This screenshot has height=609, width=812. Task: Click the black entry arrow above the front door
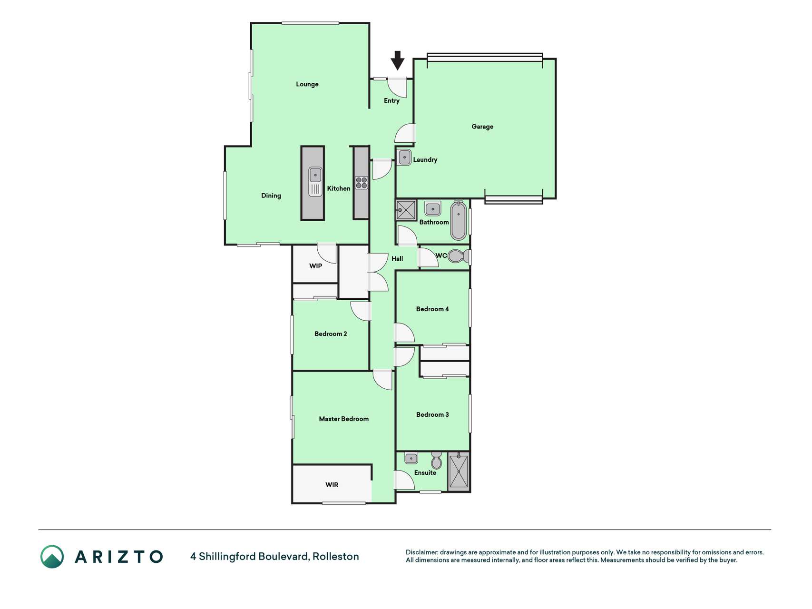(x=397, y=60)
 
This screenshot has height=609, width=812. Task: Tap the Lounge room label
(x=307, y=84)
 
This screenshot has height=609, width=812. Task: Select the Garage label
(x=482, y=127)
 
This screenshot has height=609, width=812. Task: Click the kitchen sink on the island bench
(x=315, y=181)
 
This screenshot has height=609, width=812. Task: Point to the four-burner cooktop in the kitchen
(x=362, y=183)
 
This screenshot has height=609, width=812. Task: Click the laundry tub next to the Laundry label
(x=405, y=157)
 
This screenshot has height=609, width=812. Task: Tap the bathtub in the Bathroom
(x=458, y=220)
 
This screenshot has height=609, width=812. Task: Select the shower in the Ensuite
(x=459, y=471)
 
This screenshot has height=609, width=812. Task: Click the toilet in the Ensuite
(x=436, y=461)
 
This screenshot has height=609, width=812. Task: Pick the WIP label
(x=316, y=266)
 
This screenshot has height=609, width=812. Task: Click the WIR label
(x=332, y=485)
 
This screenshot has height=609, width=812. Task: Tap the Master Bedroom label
(x=344, y=419)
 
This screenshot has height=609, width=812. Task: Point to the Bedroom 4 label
(x=432, y=309)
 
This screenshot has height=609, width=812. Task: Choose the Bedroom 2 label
(x=331, y=334)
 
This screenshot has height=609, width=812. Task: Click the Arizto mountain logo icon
(x=52, y=557)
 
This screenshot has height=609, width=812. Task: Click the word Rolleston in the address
(x=336, y=557)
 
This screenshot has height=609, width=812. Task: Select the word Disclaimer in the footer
(x=422, y=552)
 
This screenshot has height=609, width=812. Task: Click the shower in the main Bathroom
(x=406, y=210)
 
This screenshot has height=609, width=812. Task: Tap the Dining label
(x=271, y=196)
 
